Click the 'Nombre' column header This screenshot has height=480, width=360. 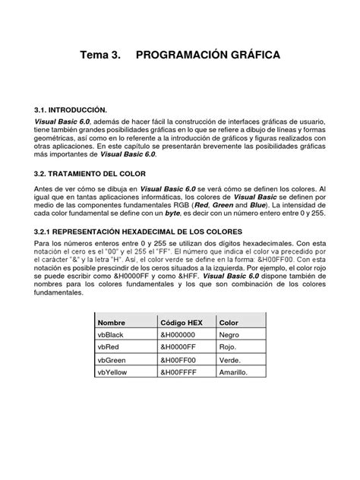point(112,322)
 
